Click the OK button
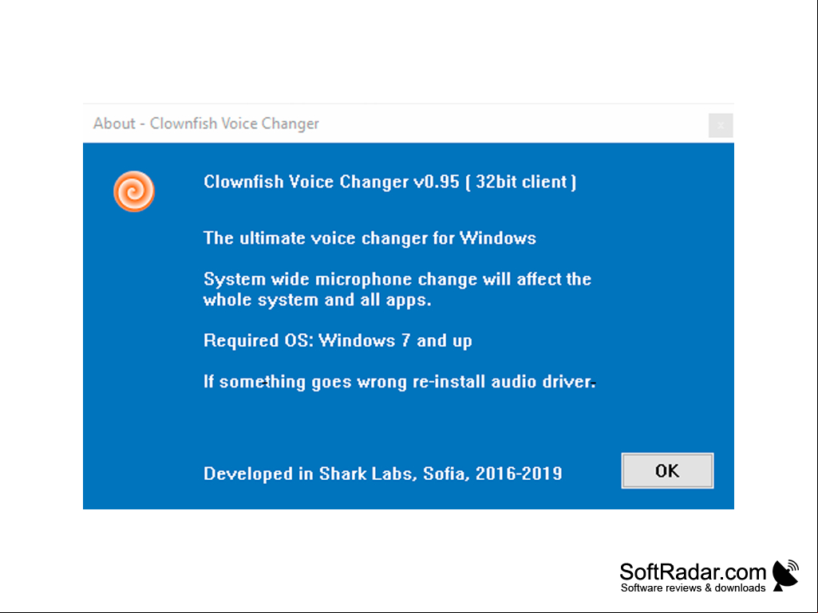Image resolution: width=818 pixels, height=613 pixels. point(667,470)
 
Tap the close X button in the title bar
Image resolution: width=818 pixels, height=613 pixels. point(721,126)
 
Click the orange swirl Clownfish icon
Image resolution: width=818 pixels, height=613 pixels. point(134,191)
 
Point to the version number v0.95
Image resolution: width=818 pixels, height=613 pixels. point(436,182)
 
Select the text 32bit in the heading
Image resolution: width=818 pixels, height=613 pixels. point(496,182)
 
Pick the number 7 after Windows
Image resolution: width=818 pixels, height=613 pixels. point(405,341)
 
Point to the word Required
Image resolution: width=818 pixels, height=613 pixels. point(241,341)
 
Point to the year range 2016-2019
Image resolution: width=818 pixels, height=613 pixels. point(519,474)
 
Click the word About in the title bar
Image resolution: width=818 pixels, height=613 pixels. point(114,124)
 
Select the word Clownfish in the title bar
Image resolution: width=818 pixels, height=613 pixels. point(184,124)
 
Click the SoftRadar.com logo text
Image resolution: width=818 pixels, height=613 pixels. point(693,572)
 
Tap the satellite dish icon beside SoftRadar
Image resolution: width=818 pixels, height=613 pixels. point(785,576)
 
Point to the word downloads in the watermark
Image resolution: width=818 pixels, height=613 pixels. point(740,588)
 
